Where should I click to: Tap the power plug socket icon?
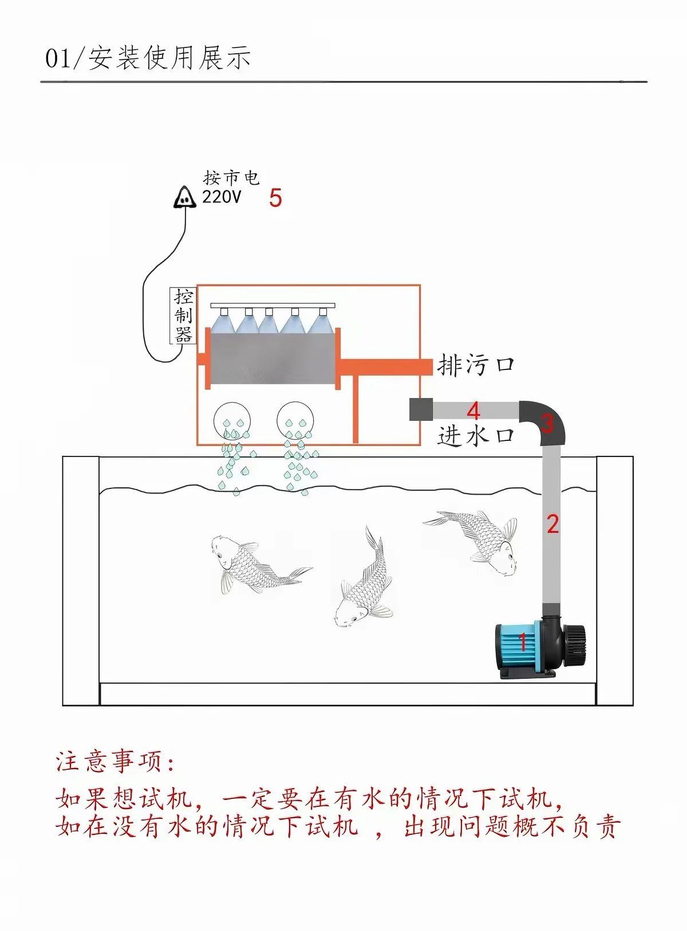tap(184, 197)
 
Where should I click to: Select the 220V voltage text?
tap(222, 197)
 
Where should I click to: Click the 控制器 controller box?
tap(183, 316)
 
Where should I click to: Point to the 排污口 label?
tap(475, 365)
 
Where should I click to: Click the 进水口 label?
tap(475, 436)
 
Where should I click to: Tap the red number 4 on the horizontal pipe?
tap(473, 411)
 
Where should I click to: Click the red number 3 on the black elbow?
tap(547, 423)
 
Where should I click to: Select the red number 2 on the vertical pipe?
tap(552, 524)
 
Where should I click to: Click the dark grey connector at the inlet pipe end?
tap(421, 409)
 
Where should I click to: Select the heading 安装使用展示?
tap(170, 58)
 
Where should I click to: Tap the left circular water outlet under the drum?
tap(232, 420)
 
